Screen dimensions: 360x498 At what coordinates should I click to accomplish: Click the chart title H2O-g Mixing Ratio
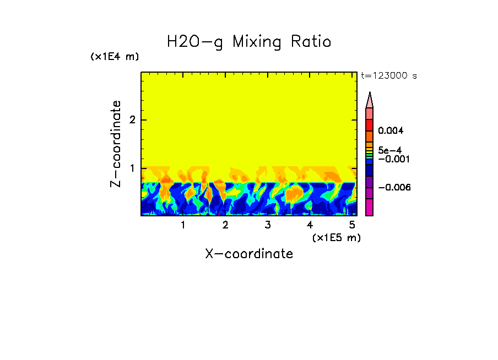pos(249,42)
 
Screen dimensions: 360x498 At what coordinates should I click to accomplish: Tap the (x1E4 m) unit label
pos(115,57)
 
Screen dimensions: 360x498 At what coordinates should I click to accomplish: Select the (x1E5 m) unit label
pos(336,237)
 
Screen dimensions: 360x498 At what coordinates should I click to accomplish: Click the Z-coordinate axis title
pos(116,144)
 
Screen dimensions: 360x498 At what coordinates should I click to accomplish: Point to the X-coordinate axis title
pos(249,254)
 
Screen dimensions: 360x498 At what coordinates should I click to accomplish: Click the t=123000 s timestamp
pos(388,76)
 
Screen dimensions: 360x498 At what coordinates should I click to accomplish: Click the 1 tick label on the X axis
pos(183,225)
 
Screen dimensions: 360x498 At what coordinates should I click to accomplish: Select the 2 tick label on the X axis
pos(225,225)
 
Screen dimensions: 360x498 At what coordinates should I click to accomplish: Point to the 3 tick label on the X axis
pos(268,225)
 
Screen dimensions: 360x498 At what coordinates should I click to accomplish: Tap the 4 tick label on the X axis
pos(310,225)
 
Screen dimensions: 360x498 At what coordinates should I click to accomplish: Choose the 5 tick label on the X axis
pos(352,225)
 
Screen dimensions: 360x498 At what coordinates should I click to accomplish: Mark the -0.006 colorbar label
pos(394,187)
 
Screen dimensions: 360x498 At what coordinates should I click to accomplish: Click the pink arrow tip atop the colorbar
pos(370,100)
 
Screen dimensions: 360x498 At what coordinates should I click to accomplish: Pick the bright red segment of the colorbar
pos(370,124)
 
